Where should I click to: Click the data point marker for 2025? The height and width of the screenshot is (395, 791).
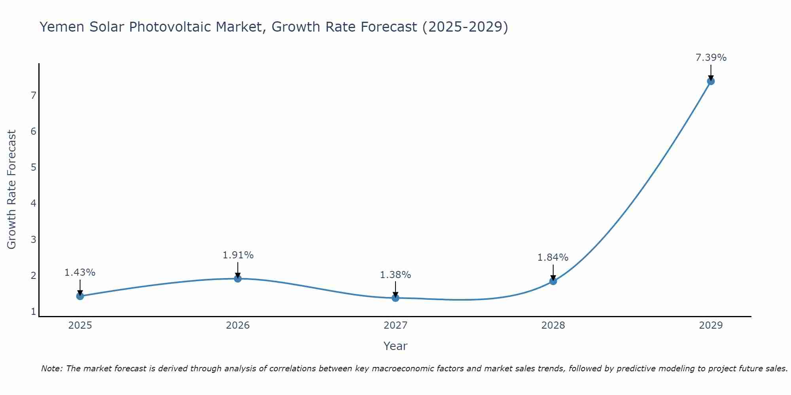(80, 296)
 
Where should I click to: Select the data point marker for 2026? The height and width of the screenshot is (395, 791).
(238, 279)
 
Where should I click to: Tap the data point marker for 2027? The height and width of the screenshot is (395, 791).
(395, 298)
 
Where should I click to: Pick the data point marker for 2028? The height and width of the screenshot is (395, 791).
(553, 281)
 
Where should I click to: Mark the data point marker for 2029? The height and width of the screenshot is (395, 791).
(711, 81)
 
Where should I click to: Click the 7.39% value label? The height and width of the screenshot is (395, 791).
(711, 58)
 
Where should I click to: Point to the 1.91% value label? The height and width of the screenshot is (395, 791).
(238, 255)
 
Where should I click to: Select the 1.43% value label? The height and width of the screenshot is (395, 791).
(80, 273)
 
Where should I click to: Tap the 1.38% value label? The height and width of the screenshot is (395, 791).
(395, 275)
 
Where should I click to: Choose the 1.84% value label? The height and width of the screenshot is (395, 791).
(553, 258)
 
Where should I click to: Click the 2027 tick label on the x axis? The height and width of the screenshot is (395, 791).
(395, 325)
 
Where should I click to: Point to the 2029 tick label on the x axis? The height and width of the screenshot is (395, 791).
(711, 325)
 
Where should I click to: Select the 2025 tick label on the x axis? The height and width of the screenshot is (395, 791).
(80, 325)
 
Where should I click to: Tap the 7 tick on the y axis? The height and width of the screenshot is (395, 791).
(34, 95)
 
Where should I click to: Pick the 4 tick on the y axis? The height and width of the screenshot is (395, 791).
(34, 203)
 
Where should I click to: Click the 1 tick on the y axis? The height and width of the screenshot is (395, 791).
(34, 312)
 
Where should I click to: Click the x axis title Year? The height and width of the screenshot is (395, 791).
(395, 346)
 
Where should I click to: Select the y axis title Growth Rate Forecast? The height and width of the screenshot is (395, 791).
(12, 190)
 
